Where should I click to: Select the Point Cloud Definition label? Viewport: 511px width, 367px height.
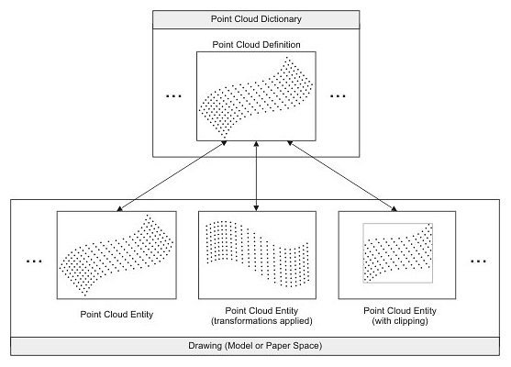[x=256, y=45]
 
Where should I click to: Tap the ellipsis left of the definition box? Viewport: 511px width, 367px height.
[x=173, y=96]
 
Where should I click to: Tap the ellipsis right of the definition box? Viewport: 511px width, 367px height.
[x=338, y=96]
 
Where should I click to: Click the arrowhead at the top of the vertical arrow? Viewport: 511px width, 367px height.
[x=256, y=143]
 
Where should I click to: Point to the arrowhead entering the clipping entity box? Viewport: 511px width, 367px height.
[x=394, y=208]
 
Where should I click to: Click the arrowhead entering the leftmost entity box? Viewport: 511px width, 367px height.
[x=119, y=208]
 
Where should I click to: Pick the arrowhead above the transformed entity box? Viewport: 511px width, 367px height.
[x=256, y=208]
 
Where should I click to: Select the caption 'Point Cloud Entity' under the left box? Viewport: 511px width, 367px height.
[x=117, y=314]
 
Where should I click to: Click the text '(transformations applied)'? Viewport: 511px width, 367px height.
[x=261, y=321]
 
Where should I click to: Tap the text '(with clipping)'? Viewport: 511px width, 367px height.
[x=400, y=321]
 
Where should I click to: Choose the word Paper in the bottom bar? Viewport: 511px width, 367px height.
[x=278, y=346]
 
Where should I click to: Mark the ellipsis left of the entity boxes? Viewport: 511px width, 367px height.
[x=34, y=261]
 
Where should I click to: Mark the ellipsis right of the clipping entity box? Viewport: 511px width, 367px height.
[x=478, y=261]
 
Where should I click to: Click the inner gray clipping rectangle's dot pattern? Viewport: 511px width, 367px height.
[x=398, y=253]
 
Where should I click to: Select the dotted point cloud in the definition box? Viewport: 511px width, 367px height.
[x=256, y=97]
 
